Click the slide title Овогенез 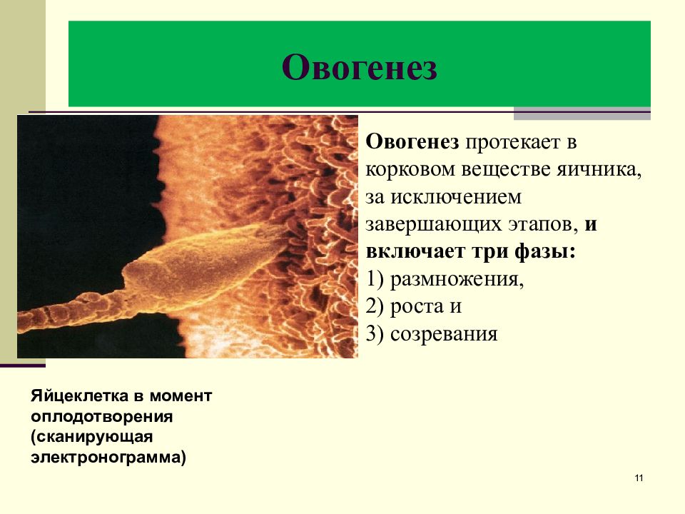[x=359, y=68]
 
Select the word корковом [x=415, y=169]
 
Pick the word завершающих [x=436, y=224]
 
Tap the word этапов [x=544, y=224]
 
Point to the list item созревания [x=443, y=333]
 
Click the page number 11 [x=638, y=478]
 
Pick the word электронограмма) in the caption [x=108, y=456]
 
